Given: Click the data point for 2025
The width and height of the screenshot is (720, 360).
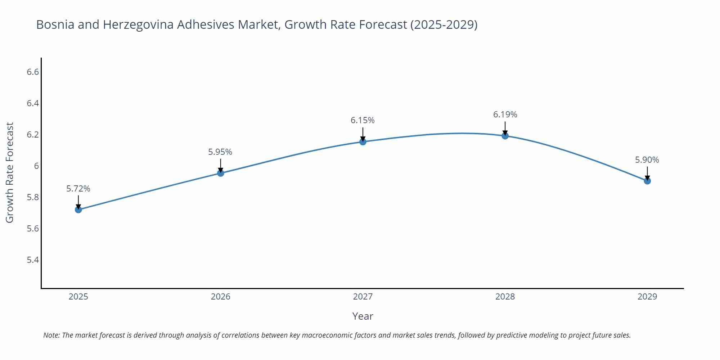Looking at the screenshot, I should [78, 210].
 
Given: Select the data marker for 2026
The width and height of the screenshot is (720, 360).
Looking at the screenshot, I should [221, 173].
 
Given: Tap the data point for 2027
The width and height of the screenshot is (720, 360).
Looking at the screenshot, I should [363, 142].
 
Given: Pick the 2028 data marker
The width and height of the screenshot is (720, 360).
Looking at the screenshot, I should [505, 136].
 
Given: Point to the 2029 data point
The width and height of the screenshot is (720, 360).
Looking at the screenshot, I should [647, 181].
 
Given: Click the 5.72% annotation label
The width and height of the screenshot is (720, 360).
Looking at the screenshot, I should [78, 189].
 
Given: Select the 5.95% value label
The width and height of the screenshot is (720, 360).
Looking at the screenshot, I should [220, 152].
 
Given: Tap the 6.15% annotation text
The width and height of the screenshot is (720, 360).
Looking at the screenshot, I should [363, 120].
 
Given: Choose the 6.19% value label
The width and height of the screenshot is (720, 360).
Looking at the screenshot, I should [505, 114].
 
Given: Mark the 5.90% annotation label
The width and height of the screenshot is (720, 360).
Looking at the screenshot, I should [647, 160].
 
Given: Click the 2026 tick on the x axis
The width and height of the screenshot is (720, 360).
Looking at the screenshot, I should [220, 297].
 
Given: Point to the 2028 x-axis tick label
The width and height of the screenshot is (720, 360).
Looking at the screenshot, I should [505, 297].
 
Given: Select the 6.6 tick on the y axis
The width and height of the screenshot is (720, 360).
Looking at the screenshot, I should [33, 72].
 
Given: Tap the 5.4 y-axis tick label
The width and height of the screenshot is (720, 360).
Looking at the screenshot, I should [33, 260].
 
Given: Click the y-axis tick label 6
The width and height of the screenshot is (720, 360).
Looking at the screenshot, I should [36, 166].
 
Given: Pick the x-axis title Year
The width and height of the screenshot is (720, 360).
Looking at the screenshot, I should [363, 316].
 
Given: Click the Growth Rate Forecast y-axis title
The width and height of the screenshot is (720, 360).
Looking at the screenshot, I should [10, 172].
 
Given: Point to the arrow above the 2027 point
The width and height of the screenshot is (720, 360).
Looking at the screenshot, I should [363, 134].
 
